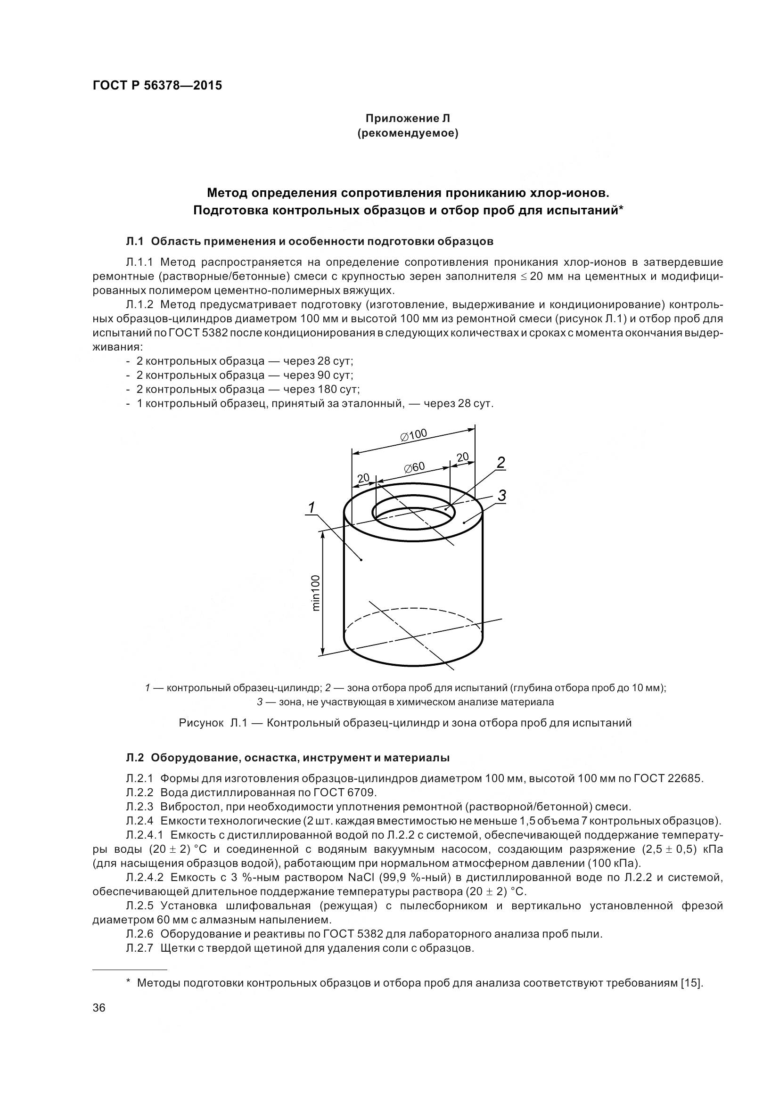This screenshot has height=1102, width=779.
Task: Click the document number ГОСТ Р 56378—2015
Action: pyautogui.click(x=157, y=86)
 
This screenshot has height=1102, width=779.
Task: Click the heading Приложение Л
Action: pyautogui.click(x=408, y=118)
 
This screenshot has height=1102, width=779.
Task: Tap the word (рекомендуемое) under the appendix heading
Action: pyautogui.click(x=408, y=133)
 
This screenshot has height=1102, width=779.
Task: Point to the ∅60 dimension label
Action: pyautogui.click(x=414, y=466)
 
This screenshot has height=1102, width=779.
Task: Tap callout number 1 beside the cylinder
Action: pyautogui.click(x=312, y=507)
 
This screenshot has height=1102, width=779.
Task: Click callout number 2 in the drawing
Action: pyautogui.click(x=500, y=463)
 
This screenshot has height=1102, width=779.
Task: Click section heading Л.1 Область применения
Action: pyautogui.click(x=310, y=241)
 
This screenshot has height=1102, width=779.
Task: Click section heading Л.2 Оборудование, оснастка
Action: pyautogui.click(x=288, y=758)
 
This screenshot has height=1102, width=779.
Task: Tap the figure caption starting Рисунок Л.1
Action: pyautogui.click(x=405, y=722)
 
